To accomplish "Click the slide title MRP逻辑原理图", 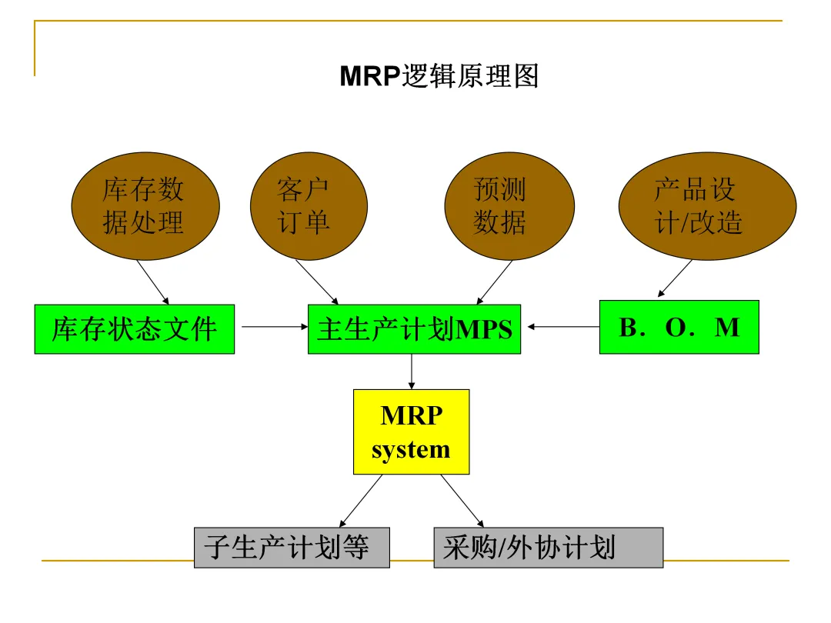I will tap(439, 77).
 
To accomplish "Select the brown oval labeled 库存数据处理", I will tap(145, 206).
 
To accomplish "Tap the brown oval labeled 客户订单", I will tap(302, 206).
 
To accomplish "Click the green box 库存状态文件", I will tap(135, 329).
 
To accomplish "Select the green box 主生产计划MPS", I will tap(414, 329).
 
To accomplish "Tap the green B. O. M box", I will tap(679, 327).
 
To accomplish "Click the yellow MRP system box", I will tap(411, 431).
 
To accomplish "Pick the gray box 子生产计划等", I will tap(292, 548).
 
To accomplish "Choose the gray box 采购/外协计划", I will tap(548, 548).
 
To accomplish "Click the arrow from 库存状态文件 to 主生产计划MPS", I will tap(273, 327).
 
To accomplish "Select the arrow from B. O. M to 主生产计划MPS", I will tap(563, 327).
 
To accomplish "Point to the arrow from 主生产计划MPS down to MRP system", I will tap(412, 371).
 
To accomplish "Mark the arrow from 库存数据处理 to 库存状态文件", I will tap(153, 282).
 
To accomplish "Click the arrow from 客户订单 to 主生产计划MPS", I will tap(316, 282).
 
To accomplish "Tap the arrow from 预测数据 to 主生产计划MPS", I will tap(495, 282).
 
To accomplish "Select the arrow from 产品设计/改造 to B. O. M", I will tap(676, 278).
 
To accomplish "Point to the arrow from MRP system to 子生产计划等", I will tap(361, 500).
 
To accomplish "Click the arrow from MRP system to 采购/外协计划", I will tap(462, 500).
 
